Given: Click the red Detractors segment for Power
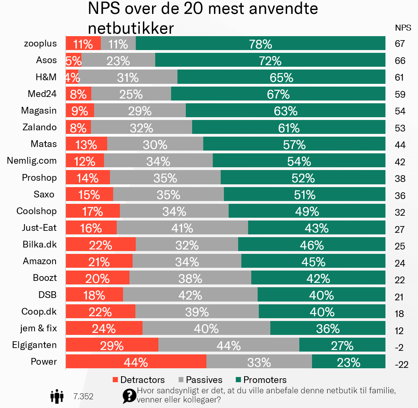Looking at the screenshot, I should tap(136, 362).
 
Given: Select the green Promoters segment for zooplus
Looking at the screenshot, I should tap(260, 43).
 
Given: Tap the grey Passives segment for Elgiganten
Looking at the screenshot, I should tap(229, 345).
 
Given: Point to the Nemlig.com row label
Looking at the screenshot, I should tap(32, 161).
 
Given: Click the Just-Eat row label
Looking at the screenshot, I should tap(39, 228).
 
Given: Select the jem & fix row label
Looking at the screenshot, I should tap(39, 329).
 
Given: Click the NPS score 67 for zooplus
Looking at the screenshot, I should tap(400, 44).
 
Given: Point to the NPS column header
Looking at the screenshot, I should tap(403, 28).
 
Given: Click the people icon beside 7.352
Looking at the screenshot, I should tap(57, 396).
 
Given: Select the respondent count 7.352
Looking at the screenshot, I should tap(83, 396).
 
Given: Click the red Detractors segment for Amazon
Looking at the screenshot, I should tap(99, 261).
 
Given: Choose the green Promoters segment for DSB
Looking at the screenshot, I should tap(321, 295).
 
